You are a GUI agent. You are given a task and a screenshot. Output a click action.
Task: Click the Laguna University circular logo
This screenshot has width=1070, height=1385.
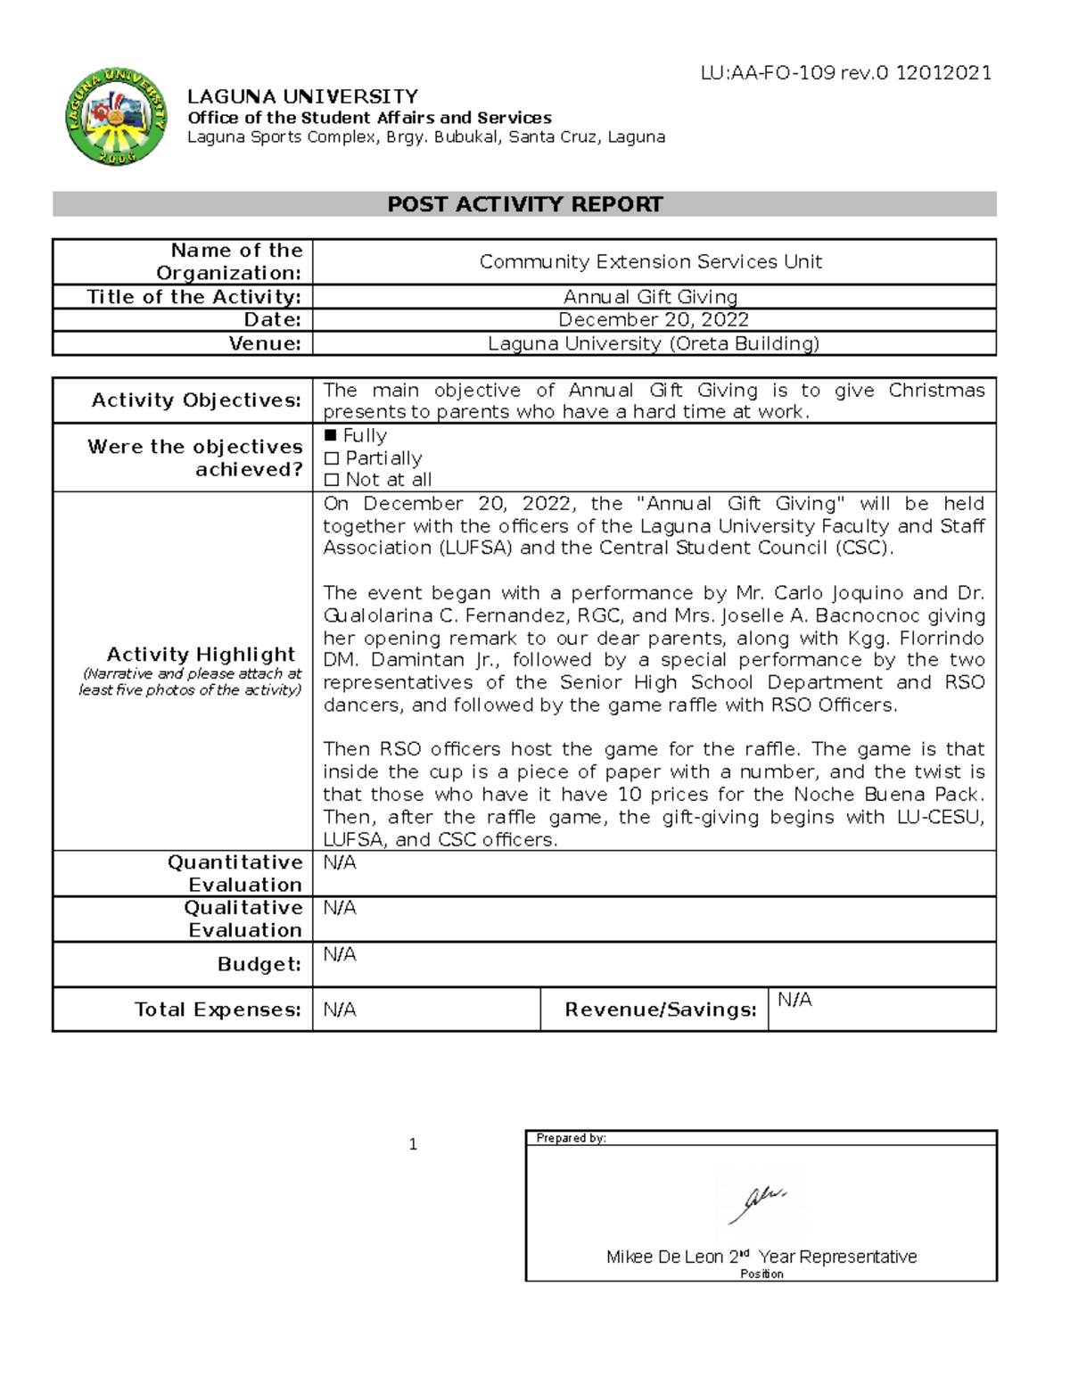point(116,117)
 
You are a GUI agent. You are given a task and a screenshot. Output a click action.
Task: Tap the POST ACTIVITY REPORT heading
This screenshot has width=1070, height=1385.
point(524,204)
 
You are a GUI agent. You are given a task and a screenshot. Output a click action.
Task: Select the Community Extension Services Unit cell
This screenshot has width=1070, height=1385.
point(650,261)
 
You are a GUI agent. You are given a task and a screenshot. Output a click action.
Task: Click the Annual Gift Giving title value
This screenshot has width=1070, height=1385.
point(650,297)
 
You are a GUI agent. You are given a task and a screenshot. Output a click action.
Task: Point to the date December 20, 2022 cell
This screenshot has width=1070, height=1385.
point(653,320)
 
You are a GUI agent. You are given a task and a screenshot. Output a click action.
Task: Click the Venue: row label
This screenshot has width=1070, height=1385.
point(265,343)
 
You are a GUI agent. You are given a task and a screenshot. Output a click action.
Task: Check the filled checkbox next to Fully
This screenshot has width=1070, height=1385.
point(331,436)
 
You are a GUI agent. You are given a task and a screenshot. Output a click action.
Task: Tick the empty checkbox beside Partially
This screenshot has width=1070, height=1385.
point(332,458)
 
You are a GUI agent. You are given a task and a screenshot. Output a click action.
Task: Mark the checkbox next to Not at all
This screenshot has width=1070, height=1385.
point(332,480)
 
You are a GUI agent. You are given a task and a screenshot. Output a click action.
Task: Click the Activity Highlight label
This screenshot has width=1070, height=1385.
point(201,655)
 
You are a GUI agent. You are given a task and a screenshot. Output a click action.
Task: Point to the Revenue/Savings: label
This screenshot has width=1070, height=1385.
point(660,1010)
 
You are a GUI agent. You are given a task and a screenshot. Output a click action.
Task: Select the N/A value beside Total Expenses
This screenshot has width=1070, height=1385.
point(340,1010)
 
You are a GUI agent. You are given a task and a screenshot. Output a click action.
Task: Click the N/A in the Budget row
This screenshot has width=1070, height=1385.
point(340,954)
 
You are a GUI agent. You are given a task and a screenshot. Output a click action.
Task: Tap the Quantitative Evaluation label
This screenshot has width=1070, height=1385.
point(235,873)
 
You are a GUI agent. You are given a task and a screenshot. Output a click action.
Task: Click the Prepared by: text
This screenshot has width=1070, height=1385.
point(571,1138)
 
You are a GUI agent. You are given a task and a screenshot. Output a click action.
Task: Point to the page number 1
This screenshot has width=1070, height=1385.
point(413,1145)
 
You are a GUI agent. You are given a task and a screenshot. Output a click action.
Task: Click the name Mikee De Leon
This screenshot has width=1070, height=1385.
point(664,1257)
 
